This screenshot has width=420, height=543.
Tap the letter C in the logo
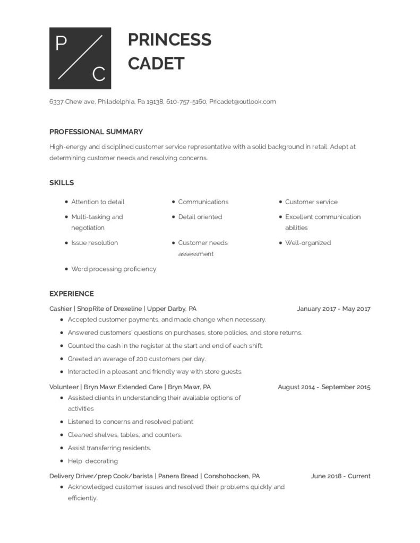coord(98,74)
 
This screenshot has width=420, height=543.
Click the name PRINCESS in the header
coord(169,39)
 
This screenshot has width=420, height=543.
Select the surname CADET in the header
coord(156,63)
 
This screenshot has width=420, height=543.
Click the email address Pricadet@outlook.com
coord(243,102)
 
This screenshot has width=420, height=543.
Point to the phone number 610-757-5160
coord(186,102)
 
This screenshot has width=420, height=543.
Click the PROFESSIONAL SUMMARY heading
coord(96,132)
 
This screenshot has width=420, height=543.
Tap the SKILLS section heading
coord(62,183)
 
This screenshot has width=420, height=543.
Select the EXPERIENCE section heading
coord(72,294)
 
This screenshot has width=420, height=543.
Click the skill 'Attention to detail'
coord(98,202)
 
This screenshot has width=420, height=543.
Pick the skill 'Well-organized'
coord(307,243)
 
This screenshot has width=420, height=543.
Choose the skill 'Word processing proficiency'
coord(114,269)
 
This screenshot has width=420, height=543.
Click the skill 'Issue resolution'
coord(95,243)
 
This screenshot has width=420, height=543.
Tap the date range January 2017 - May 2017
coord(333,309)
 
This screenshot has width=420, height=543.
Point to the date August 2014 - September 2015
coord(324,387)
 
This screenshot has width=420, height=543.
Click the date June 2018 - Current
coord(340,476)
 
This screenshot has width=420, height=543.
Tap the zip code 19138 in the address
coord(154,102)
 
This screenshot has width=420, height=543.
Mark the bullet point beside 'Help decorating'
coord(62,461)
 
